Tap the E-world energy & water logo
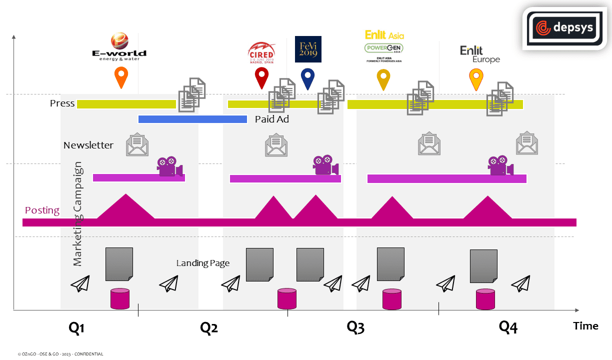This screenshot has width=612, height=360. click(119, 47)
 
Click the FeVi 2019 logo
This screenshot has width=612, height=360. click(308, 49)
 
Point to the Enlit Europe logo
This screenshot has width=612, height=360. click(479, 54)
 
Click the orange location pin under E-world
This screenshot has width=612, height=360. click(121, 76)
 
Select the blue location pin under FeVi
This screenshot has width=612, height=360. click(307, 78)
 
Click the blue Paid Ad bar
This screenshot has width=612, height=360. click(192, 119)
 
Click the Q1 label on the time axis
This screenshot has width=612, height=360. click(76, 328)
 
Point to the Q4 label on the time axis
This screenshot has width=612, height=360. click(508, 327)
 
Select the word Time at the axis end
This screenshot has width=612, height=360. click(585, 326)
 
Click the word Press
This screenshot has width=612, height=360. click(62, 103)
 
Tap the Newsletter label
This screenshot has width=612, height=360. click(88, 145)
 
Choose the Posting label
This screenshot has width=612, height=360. click(42, 210)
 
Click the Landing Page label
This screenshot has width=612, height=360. click(203, 263)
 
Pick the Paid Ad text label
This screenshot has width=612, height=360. click(272, 119)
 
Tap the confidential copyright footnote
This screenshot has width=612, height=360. click(60, 354)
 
